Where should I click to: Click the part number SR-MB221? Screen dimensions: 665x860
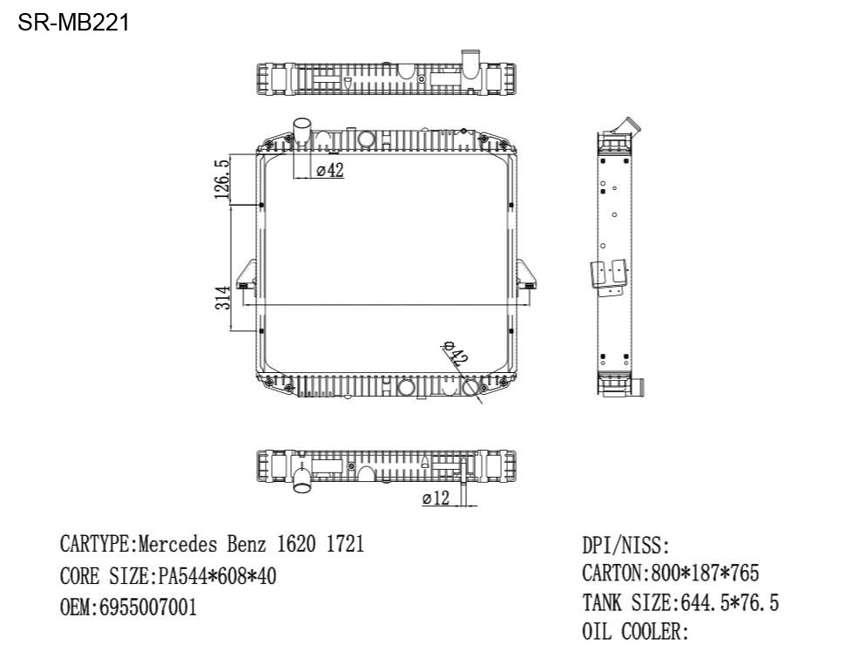(x=74, y=23)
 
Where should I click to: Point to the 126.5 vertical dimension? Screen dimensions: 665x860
(x=222, y=179)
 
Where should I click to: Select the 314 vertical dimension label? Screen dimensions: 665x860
(x=222, y=298)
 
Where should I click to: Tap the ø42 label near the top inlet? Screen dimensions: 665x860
(x=329, y=171)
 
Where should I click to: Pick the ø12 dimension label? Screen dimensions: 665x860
(x=436, y=499)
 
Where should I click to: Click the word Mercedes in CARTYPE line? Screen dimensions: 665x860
(x=179, y=546)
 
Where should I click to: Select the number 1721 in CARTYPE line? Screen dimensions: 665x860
(x=345, y=546)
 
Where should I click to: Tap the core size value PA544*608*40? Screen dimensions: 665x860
(x=216, y=576)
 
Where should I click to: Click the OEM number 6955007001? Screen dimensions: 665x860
(x=147, y=607)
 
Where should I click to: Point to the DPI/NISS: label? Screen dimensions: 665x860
(x=626, y=546)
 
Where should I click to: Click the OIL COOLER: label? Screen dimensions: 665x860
(x=635, y=632)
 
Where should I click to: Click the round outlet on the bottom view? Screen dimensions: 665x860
(x=302, y=478)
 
